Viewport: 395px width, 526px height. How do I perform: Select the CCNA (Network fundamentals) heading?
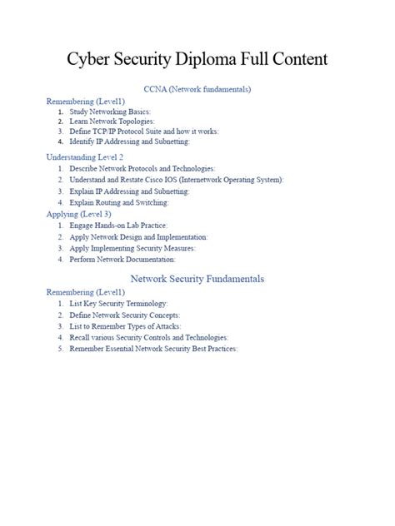pyautogui.click(x=197, y=89)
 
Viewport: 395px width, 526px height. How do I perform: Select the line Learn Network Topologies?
pyautogui.click(x=112, y=122)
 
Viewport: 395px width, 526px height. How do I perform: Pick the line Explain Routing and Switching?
pyautogui.click(x=119, y=202)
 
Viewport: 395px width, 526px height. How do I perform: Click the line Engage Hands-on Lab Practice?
pyautogui.click(x=120, y=226)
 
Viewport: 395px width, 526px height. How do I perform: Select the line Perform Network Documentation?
pyautogui.click(x=122, y=260)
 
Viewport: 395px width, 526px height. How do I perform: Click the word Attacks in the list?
pyautogui.click(x=165, y=326)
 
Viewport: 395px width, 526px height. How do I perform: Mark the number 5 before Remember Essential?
pyautogui.click(x=61, y=349)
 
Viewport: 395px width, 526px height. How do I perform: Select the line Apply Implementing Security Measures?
pyautogui.click(x=132, y=248)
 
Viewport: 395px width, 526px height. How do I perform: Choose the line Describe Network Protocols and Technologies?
pyautogui.click(x=142, y=168)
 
